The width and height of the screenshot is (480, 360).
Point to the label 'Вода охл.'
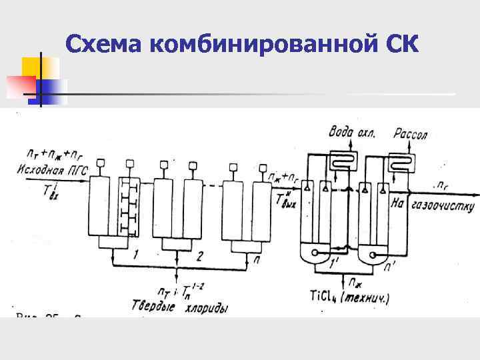tap(352, 133)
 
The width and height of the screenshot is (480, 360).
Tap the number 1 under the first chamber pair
tap(135, 255)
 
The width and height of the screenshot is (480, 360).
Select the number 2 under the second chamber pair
tap(199, 255)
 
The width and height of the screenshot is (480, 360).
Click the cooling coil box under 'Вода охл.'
tap(342, 161)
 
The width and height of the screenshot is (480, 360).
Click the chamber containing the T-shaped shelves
tap(129, 206)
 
